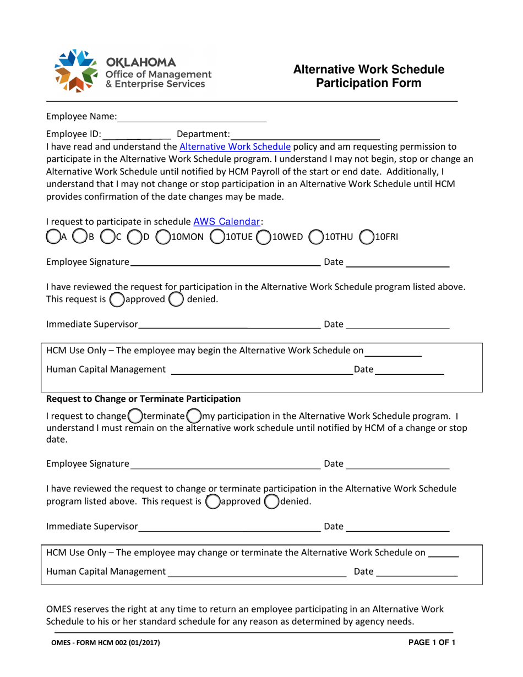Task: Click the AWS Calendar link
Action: [227, 222]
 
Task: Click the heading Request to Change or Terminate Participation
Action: [144, 398]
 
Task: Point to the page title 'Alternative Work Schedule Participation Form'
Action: [369, 76]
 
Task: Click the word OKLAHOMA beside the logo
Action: [141, 61]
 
